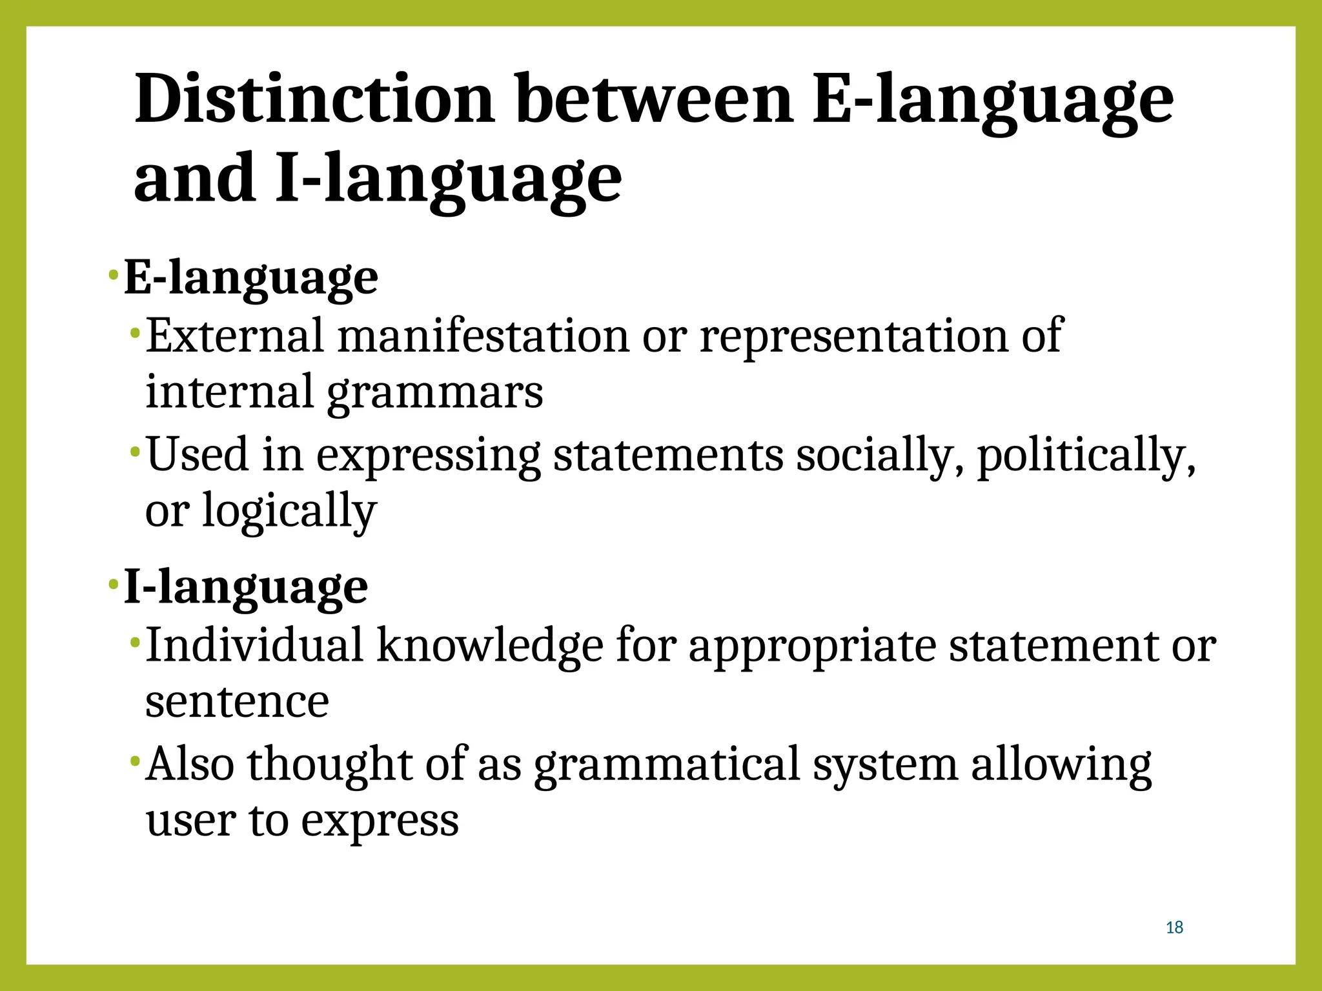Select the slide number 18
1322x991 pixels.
1174,928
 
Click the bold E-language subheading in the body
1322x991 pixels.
251,278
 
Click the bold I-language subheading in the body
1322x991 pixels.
246,587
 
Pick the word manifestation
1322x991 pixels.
483,336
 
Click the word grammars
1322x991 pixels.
435,392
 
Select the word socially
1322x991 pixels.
880,455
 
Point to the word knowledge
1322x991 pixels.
490,645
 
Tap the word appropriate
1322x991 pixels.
812,645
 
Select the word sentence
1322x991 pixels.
237,701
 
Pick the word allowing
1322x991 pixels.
1061,765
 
